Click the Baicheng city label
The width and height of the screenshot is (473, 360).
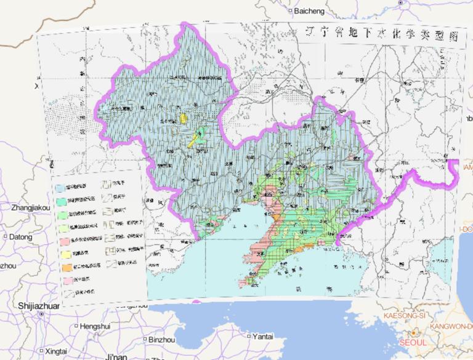[314, 11]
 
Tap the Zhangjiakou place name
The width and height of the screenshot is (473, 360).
[30, 209]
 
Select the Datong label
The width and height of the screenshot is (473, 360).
[20, 236]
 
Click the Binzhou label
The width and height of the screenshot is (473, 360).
[162, 339]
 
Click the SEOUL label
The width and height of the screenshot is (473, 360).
[412, 342]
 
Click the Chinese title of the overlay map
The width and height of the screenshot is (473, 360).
[382, 34]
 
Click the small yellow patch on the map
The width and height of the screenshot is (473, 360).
[182, 117]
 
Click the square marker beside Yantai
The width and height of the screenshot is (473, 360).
[248, 337]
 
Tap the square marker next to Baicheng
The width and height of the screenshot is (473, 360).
[290, 11]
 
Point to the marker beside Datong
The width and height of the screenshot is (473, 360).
[5, 236]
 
